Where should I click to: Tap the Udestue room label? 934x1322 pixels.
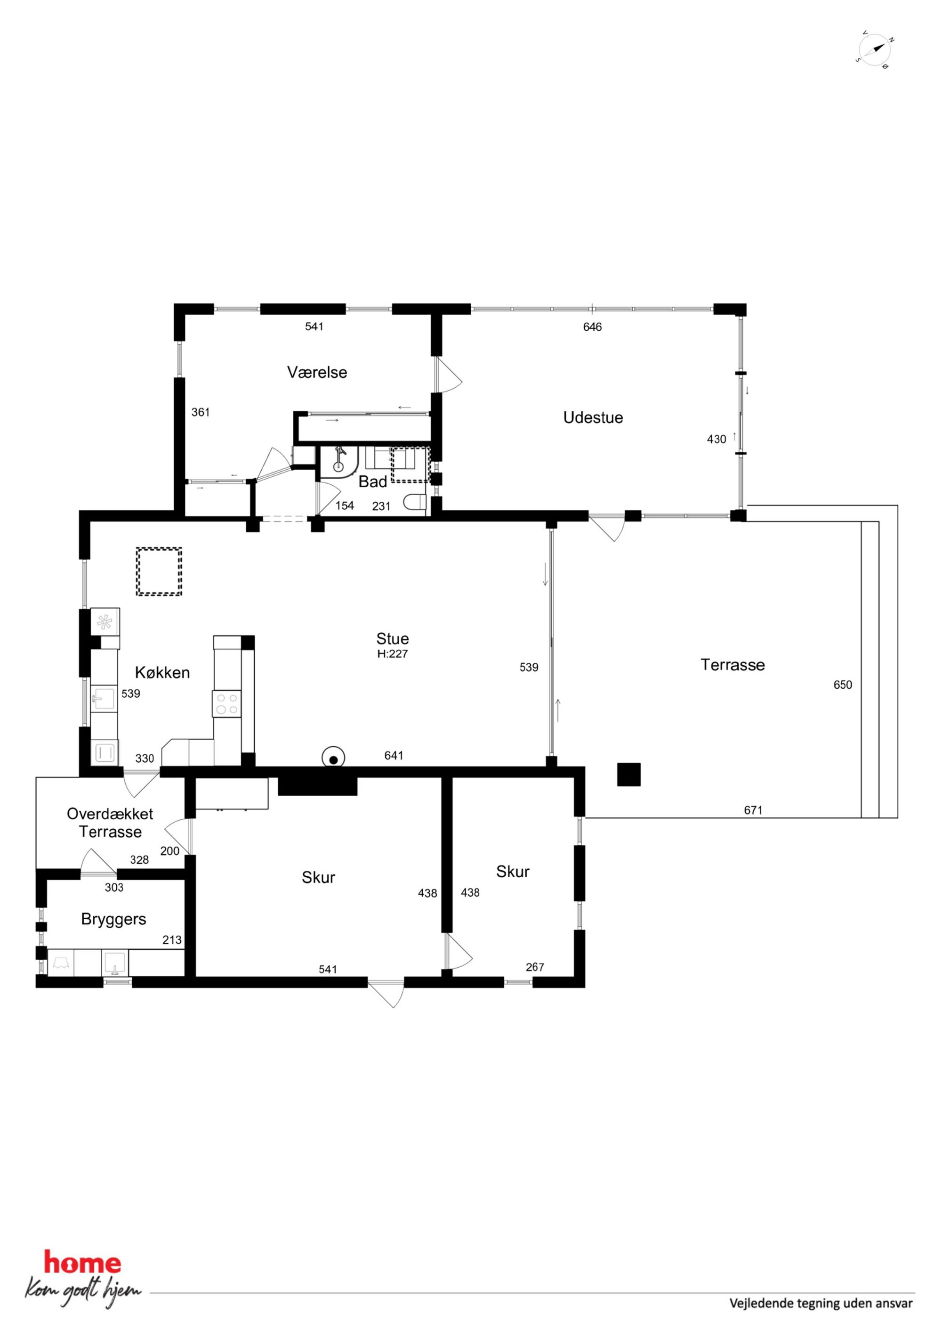pyautogui.click(x=593, y=417)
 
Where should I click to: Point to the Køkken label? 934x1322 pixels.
pyautogui.click(x=162, y=672)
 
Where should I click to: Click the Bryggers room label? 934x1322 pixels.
pyautogui.click(x=113, y=919)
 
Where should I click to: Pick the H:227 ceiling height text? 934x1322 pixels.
pyautogui.click(x=393, y=653)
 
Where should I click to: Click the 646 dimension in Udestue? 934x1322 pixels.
pyautogui.click(x=592, y=327)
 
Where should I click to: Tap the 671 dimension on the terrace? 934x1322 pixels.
pyautogui.click(x=753, y=810)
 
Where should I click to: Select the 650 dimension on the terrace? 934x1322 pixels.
pyautogui.click(x=843, y=685)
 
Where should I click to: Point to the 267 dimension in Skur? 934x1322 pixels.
pyautogui.click(x=535, y=967)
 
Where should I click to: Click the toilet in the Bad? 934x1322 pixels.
pyautogui.click(x=414, y=503)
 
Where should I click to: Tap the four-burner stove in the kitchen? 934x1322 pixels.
pyautogui.click(x=227, y=703)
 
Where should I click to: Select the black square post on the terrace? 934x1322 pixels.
pyautogui.click(x=628, y=775)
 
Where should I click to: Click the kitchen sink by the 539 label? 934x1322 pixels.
pyautogui.click(x=104, y=699)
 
